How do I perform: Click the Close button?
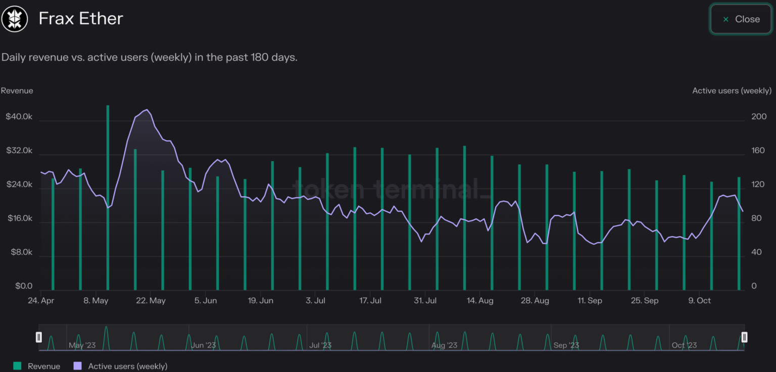point(741,19)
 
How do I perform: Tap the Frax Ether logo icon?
point(15,19)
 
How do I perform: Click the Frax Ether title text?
point(81,19)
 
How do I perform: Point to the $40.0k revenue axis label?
point(19,117)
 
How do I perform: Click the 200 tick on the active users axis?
point(759,117)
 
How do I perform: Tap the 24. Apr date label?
point(40,301)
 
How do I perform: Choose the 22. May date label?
point(151,301)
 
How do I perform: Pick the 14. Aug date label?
point(479,301)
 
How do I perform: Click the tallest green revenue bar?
point(108,197)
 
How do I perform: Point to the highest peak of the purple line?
point(147,110)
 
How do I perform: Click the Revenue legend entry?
point(38,366)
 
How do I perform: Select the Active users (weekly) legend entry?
point(121,366)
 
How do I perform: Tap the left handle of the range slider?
point(38,337)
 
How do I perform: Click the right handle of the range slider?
point(744,337)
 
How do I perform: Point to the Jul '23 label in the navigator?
point(320,345)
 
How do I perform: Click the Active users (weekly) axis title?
point(732,91)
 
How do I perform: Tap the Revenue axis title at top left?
point(17,91)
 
